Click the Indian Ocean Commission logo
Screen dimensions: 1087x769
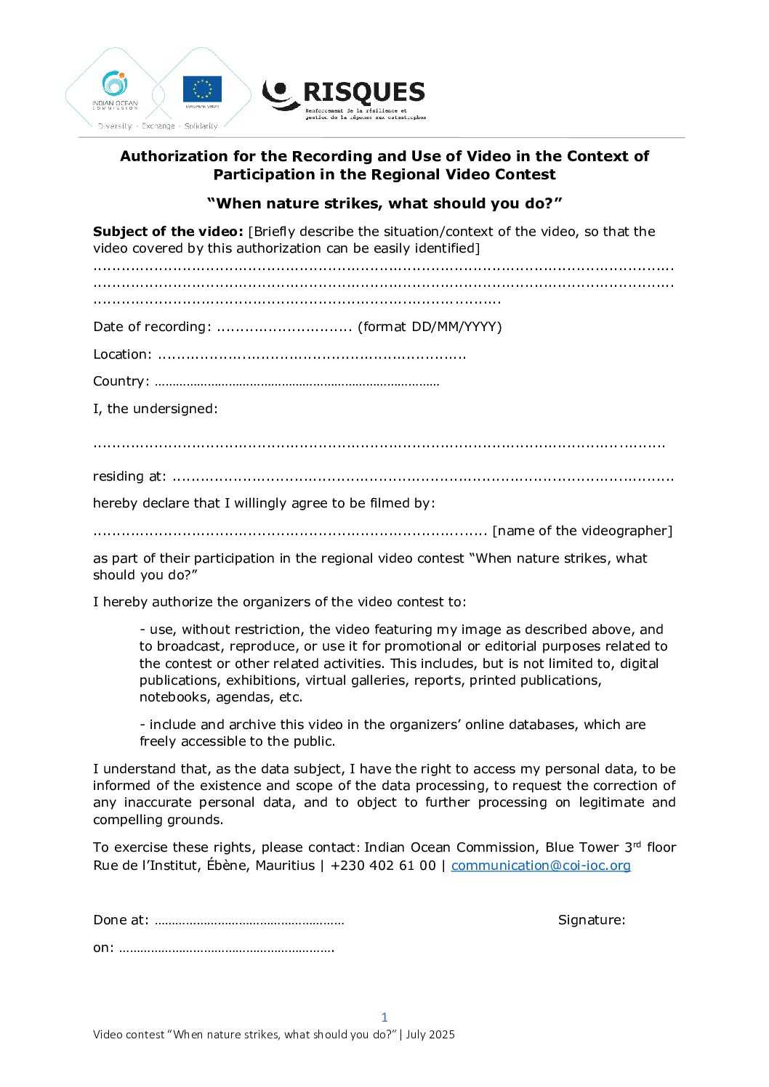click(x=115, y=90)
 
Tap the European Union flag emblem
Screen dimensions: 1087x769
click(x=202, y=89)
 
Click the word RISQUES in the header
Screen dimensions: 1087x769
click(x=363, y=92)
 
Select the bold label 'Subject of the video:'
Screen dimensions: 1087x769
click(x=168, y=232)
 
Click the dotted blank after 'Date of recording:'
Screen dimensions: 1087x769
click(x=284, y=327)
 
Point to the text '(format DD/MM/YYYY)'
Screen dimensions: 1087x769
click(x=430, y=327)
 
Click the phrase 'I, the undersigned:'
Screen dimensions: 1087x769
click(x=156, y=409)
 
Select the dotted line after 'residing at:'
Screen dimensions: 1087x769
click(x=422, y=478)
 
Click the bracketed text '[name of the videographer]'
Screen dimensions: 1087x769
click(x=582, y=531)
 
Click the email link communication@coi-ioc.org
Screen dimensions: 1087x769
click(x=541, y=866)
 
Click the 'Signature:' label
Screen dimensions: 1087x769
click(x=592, y=920)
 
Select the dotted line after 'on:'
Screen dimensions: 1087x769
click(x=226, y=949)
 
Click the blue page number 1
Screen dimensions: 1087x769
click(x=384, y=1017)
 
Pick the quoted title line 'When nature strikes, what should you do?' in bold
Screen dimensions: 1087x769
click(x=384, y=203)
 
